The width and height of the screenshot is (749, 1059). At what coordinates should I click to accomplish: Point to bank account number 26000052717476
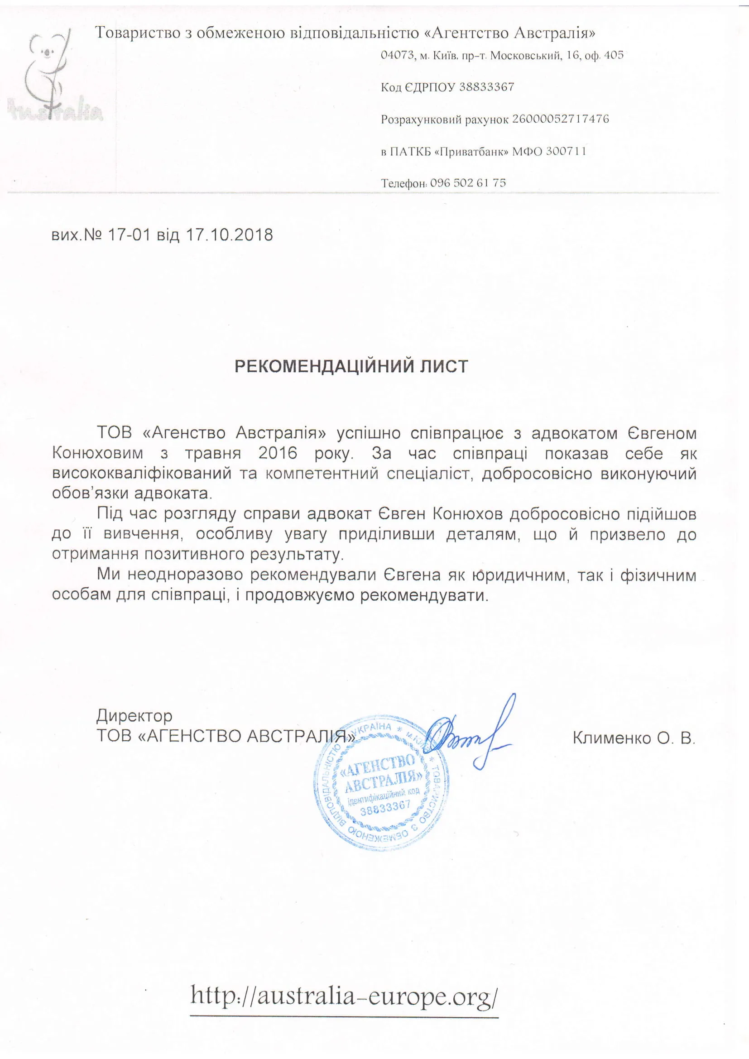pyautogui.click(x=560, y=119)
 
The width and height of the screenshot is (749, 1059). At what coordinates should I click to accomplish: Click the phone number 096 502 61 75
pyautogui.click(x=468, y=182)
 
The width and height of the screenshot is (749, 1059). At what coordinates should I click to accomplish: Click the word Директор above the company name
pyautogui.click(x=134, y=715)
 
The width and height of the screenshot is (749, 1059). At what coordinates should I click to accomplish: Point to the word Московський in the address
pyautogui.click(x=525, y=56)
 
